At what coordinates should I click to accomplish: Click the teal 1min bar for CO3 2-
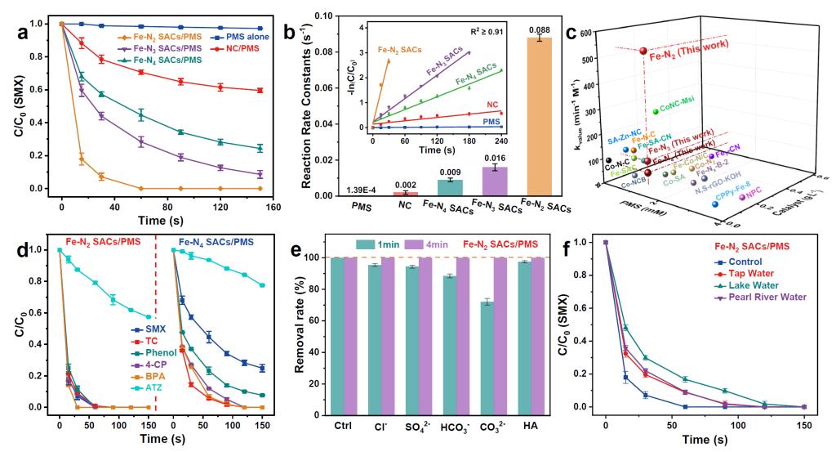click(x=487, y=354)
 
